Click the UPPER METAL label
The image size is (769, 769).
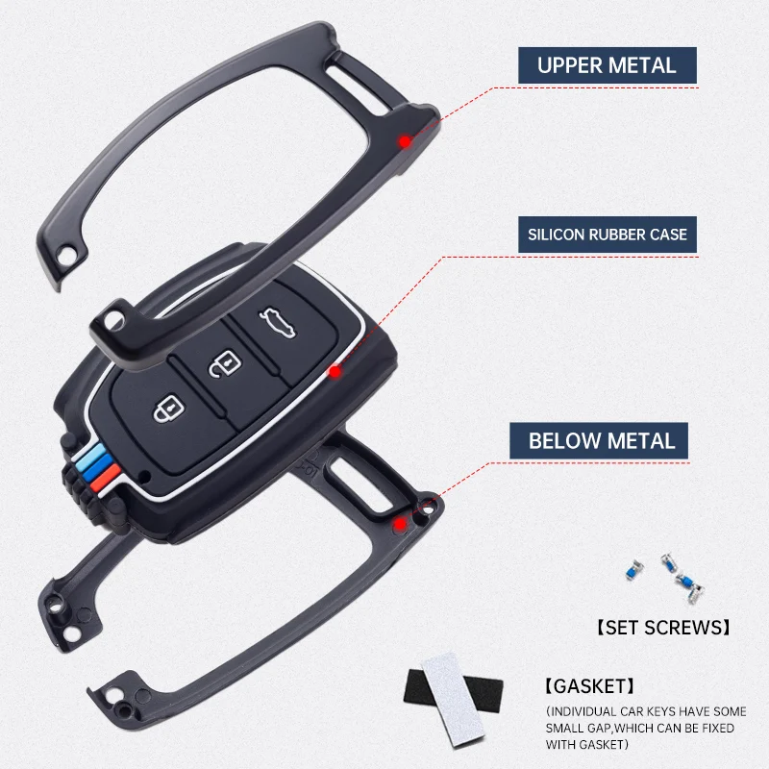607,65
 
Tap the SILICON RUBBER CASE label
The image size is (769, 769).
607,234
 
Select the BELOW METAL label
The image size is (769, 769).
602,441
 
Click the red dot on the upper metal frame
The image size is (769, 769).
406,141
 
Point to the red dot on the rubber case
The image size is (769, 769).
335,370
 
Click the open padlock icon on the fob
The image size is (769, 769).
223,364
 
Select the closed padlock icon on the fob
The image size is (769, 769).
166,410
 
